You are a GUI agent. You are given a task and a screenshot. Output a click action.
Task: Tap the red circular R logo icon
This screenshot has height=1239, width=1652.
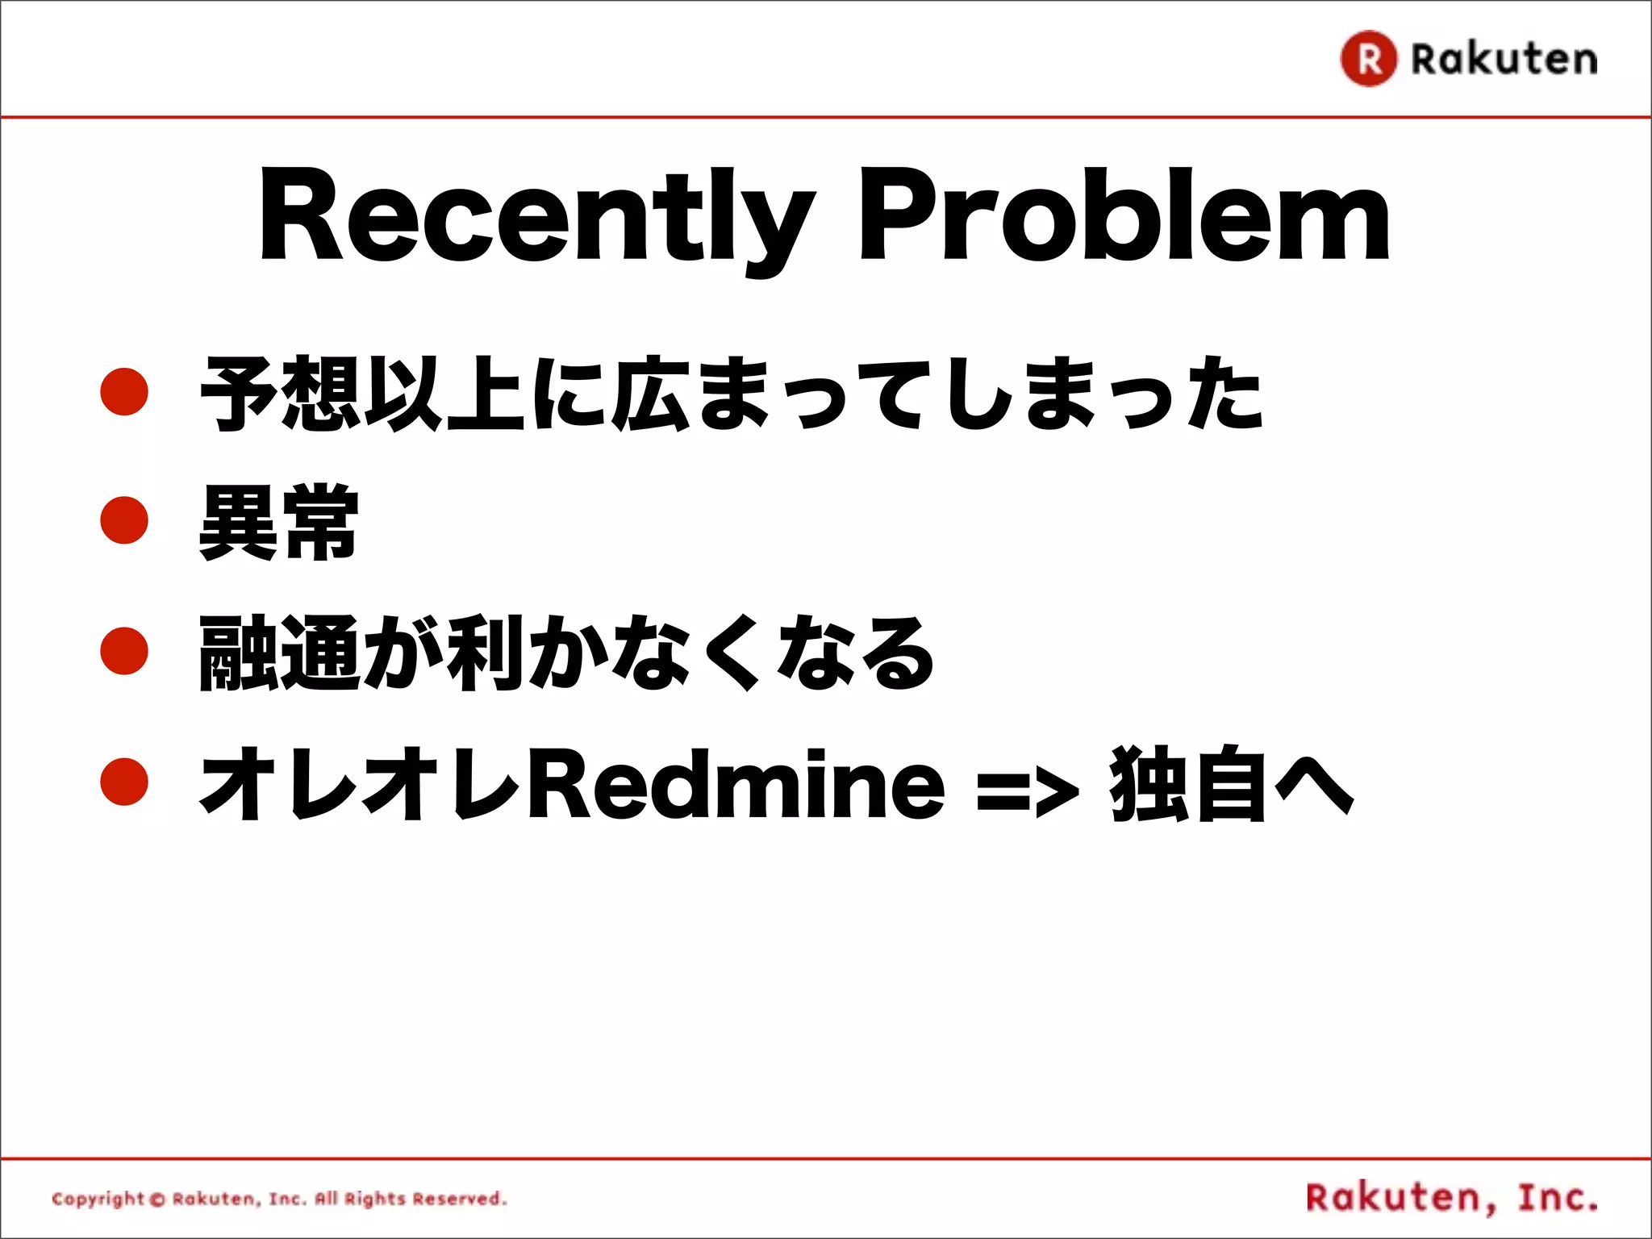click(x=1368, y=58)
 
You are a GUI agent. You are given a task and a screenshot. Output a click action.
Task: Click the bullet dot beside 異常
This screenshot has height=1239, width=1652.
click(x=124, y=520)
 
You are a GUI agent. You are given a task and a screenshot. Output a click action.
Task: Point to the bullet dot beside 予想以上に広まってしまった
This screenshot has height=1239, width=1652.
click(x=124, y=392)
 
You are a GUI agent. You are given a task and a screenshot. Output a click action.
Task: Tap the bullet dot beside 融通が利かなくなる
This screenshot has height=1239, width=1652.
click(x=124, y=650)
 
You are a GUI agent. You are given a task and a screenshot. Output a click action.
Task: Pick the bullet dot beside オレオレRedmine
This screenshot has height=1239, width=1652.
click(x=124, y=781)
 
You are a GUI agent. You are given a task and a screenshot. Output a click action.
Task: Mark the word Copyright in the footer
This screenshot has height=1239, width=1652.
click(x=98, y=1199)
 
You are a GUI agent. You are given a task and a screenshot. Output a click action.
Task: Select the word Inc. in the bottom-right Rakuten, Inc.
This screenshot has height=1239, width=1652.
click(x=1558, y=1198)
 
